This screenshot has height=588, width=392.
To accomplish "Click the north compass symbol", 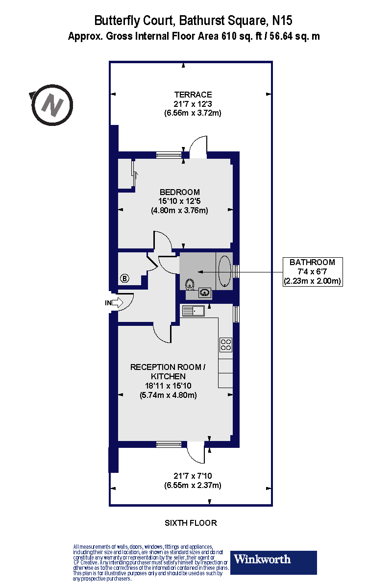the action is pos(52,105).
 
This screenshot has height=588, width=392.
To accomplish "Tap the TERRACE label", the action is pos(193,95).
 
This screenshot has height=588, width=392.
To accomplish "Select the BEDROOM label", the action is pos(180,192).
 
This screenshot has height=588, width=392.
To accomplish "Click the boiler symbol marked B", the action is pos(125,278).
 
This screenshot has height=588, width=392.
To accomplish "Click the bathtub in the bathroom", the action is pos(225,271).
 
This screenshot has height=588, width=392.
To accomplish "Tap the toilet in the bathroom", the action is pos(190,285).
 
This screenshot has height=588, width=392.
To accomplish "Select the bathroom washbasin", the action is pos(205,292).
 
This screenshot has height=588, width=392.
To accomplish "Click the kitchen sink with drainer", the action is pos(194,311).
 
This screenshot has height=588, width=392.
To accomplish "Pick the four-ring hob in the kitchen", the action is pos(226,344).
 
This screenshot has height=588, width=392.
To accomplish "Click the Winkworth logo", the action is pos(273,563).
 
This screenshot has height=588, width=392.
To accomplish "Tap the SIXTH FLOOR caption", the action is pos(191,523).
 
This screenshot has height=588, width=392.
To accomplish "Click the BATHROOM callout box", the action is pos(313,271).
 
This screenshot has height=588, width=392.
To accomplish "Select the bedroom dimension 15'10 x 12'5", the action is pos(179,201).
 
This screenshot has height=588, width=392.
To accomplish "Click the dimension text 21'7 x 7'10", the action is pos(193,476).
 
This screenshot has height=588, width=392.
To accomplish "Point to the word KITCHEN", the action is pos(168,376).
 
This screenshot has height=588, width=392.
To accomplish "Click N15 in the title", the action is pos(282,21).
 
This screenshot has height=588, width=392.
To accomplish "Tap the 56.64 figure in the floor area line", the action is pos(281,36).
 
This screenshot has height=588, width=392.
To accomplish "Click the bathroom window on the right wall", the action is pos(236,271).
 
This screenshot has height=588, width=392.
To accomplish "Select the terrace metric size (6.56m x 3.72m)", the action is pos(193,113).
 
